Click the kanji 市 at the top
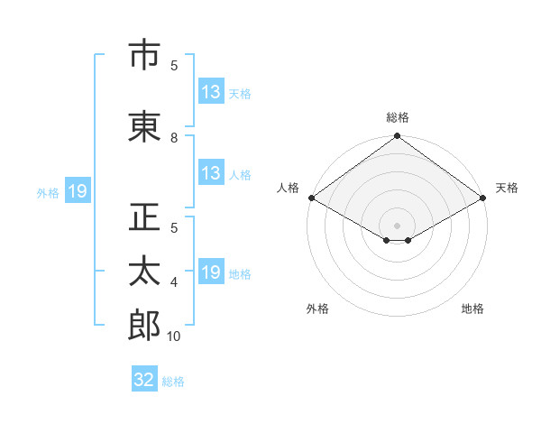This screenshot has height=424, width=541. (144, 54)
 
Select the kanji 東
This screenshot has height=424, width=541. (144, 126)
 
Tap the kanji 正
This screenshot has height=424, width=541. (144, 217)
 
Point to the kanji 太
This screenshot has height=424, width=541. (144, 271)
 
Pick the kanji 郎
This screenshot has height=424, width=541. (144, 325)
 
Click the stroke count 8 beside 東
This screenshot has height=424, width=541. (174, 138)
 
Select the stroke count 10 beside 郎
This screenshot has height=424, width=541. (173, 336)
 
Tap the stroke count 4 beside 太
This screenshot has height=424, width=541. (174, 282)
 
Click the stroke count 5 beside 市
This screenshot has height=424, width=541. (174, 66)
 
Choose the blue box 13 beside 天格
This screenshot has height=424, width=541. (212, 91)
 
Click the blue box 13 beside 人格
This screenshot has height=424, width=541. (212, 172)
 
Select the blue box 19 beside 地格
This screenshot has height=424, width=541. (212, 271)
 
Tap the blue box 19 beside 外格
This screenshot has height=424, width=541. (78, 190)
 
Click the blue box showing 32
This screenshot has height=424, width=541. (144, 378)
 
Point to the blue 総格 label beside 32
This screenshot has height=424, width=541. (173, 382)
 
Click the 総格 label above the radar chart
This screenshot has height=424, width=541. (398, 117)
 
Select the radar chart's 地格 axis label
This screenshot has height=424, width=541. (472, 309)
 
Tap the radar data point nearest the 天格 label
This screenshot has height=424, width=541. (483, 198)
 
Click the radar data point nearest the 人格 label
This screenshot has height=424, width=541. (312, 198)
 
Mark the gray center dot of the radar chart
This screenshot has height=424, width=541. (397, 226)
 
